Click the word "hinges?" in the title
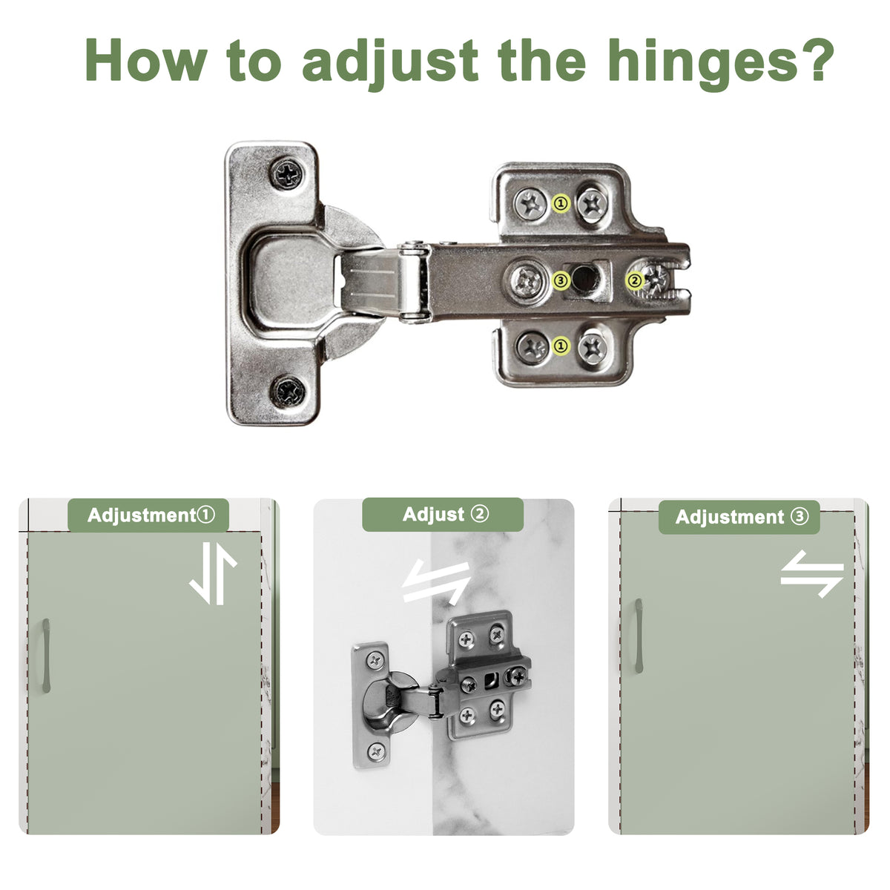(x=721, y=63)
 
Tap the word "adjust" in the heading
(x=390, y=65)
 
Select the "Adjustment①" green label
(x=148, y=515)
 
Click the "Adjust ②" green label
(x=443, y=515)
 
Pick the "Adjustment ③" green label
(x=739, y=517)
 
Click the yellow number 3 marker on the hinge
(x=561, y=280)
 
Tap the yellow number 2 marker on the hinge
(x=635, y=280)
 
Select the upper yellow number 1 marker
(x=561, y=203)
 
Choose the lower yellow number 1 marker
(x=561, y=346)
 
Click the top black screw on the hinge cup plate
(x=287, y=174)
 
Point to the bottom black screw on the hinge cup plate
(x=288, y=392)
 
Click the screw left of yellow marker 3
(x=528, y=281)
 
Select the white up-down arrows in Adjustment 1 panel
(x=213, y=573)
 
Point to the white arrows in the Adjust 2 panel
(x=436, y=581)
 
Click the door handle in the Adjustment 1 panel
(x=46, y=656)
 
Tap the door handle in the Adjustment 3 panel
(x=639, y=636)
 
